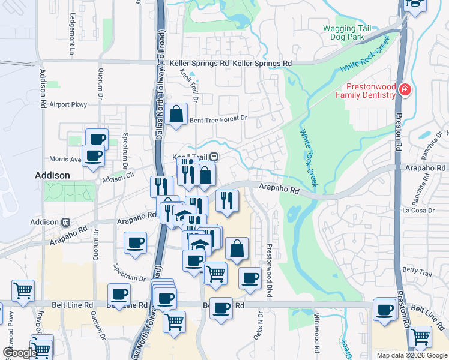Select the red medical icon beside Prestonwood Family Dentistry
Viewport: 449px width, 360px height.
point(406,91)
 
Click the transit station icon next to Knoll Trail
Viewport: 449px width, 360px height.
point(214,157)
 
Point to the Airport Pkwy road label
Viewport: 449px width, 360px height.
point(68,104)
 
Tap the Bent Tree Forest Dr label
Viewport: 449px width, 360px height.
point(218,119)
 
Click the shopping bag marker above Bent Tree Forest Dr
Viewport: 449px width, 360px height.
point(178,114)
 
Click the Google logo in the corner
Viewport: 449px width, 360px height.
point(20,353)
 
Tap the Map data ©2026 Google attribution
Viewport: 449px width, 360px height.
point(412,355)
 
